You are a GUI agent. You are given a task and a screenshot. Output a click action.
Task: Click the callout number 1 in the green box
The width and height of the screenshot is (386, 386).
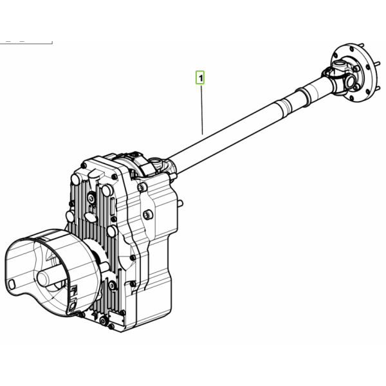point(201,78)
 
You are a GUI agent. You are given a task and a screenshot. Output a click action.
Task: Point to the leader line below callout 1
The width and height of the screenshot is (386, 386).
point(202,109)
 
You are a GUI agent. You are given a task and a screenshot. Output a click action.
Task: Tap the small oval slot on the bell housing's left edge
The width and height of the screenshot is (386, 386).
point(12,284)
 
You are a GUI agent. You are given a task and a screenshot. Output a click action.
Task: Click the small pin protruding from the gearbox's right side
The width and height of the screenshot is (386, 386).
point(180,203)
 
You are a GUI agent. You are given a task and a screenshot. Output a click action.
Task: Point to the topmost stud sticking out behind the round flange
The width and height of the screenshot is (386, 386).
point(361,46)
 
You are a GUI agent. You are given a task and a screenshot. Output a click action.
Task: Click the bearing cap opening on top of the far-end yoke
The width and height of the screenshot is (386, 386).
point(339,65)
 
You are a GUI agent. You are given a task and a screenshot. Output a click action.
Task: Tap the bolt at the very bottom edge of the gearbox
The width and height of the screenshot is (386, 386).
point(111,327)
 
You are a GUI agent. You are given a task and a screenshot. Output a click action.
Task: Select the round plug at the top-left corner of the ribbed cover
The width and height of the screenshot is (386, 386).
point(75,179)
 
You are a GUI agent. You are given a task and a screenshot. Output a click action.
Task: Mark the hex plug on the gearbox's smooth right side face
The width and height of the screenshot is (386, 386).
point(148,215)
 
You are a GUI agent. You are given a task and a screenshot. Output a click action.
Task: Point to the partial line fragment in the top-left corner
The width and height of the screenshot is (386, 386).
point(26,42)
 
